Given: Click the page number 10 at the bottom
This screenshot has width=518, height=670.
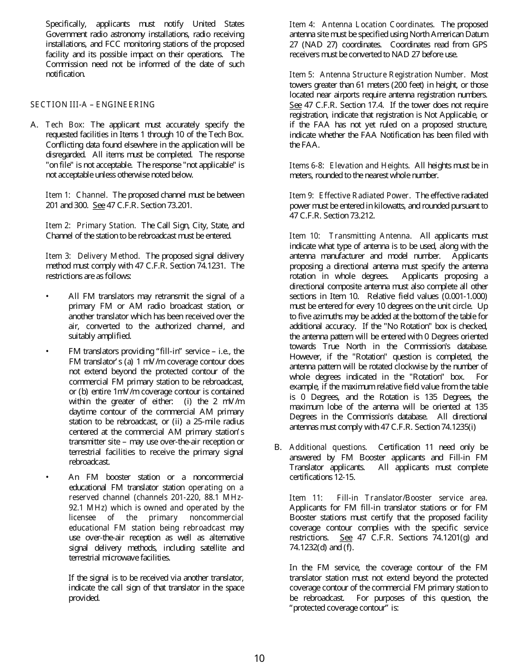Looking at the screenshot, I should pyautogui.click(x=259, y=658).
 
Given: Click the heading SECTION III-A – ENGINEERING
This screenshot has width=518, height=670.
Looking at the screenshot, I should pyautogui.click(x=92, y=105).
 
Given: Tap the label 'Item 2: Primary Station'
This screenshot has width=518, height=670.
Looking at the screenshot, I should pyautogui.click(x=91, y=226).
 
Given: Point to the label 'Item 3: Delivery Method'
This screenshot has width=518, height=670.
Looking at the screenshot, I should pyautogui.click(x=93, y=255).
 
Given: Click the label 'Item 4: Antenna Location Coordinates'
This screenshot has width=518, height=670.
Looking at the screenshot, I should pyautogui.click(x=362, y=25).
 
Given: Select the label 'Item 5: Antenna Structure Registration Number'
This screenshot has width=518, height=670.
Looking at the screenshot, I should pyautogui.click(x=377, y=75).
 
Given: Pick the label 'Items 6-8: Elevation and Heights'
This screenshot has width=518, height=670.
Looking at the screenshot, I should pyautogui.click(x=349, y=165).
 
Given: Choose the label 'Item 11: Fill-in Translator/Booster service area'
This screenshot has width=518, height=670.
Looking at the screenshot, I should pyautogui.click(x=388, y=498).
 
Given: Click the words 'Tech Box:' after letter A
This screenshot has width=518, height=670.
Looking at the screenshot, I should pyautogui.click(x=65, y=125).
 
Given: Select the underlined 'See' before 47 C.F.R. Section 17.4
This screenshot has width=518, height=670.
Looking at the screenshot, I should pyautogui.click(x=295, y=105).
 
